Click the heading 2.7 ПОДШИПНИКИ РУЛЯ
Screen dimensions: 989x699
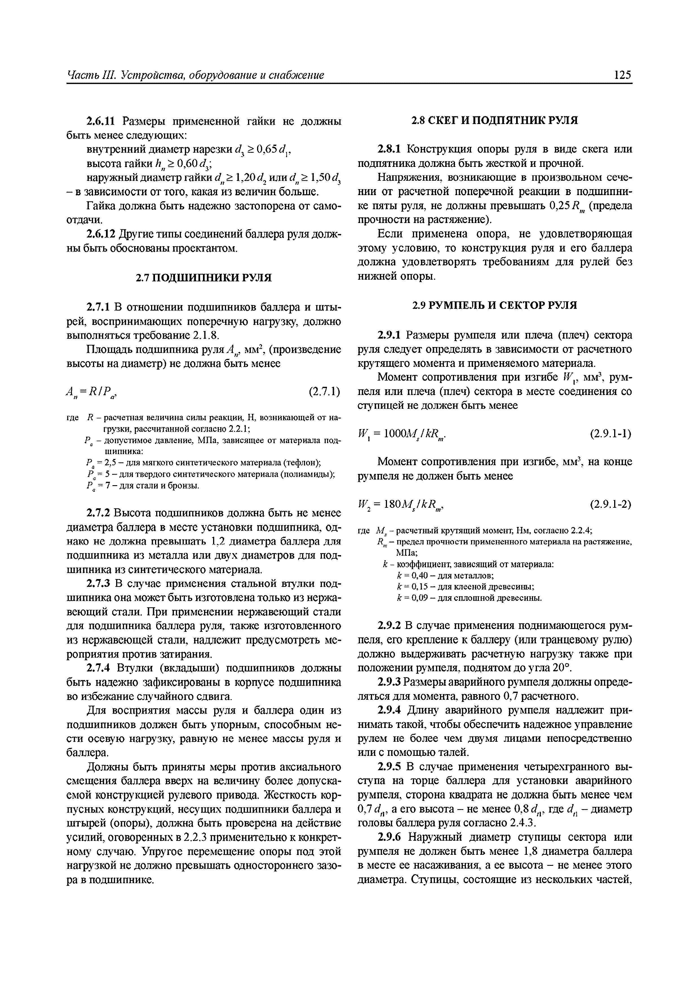204,278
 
